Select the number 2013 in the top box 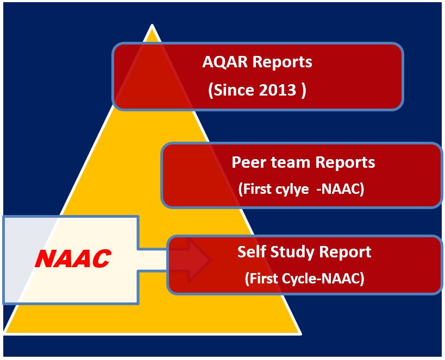tap(276, 90)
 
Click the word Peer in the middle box tap(248, 162)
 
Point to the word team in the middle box tap(289, 162)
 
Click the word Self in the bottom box tap(250, 252)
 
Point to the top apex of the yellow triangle tap(152, 26)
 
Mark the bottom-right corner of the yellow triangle tap(300, 334)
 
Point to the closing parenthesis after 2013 tap(303, 90)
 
